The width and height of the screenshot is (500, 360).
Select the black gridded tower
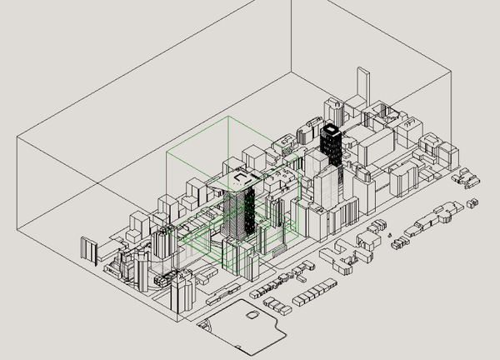click(x=331, y=150)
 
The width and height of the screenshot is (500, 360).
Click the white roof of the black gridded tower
click(x=332, y=130)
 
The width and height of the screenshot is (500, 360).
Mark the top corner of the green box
click(x=228, y=118)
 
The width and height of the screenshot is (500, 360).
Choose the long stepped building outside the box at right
click(x=433, y=218)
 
